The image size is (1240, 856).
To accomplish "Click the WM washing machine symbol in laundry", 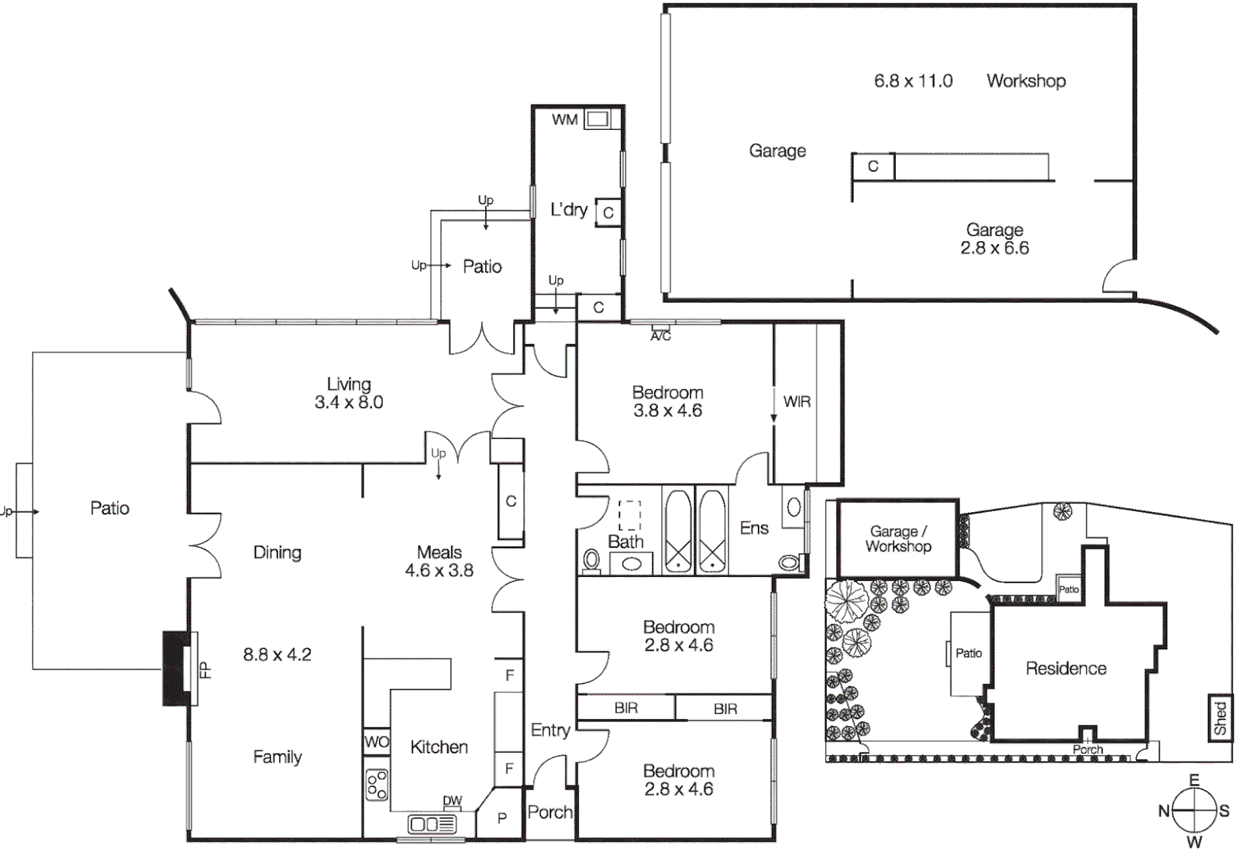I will pyautogui.click(x=597, y=120).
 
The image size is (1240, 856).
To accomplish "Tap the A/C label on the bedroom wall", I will pyautogui.click(x=660, y=337).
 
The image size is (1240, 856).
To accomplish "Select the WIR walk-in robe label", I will pyautogui.click(x=797, y=402).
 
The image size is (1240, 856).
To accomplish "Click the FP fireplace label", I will pyautogui.click(x=205, y=670).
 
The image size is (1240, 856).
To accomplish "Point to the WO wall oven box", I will pyautogui.click(x=377, y=742).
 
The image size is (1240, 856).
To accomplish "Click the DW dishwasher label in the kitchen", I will pyautogui.click(x=452, y=801).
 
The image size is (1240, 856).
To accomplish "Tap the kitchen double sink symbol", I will pyautogui.click(x=433, y=824).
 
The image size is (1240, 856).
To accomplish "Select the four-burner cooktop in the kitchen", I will pyautogui.click(x=377, y=784).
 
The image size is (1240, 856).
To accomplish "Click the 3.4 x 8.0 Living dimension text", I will pyautogui.click(x=349, y=403).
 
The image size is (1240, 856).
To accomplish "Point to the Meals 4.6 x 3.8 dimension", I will pyautogui.click(x=439, y=571).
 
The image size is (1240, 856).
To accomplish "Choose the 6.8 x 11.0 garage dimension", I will pyautogui.click(x=913, y=81).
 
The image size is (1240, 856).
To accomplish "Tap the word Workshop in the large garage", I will pyautogui.click(x=1026, y=81).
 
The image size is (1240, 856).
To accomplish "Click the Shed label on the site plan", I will pyautogui.click(x=1220, y=718).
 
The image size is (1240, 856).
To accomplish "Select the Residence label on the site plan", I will pyautogui.click(x=1066, y=668).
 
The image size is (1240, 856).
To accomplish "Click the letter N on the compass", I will pyautogui.click(x=1164, y=810).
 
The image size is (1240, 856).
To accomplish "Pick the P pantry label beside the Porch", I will pyautogui.click(x=502, y=818).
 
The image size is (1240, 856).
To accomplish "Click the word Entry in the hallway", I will pyautogui.click(x=550, y=730).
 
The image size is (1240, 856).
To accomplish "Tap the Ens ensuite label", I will pyautogui.click(x=754, y=528).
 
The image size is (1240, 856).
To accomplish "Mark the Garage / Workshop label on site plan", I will pyautogui.click(x=898, y=539).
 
